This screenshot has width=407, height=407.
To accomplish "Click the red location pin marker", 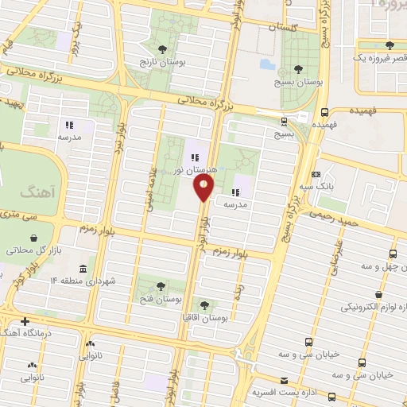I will pos(204,187).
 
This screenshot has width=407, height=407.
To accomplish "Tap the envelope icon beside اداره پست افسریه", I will pos(284,381).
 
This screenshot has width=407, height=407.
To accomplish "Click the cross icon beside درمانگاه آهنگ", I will pos(26,321).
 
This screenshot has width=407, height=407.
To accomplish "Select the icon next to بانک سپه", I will pos(317,174).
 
